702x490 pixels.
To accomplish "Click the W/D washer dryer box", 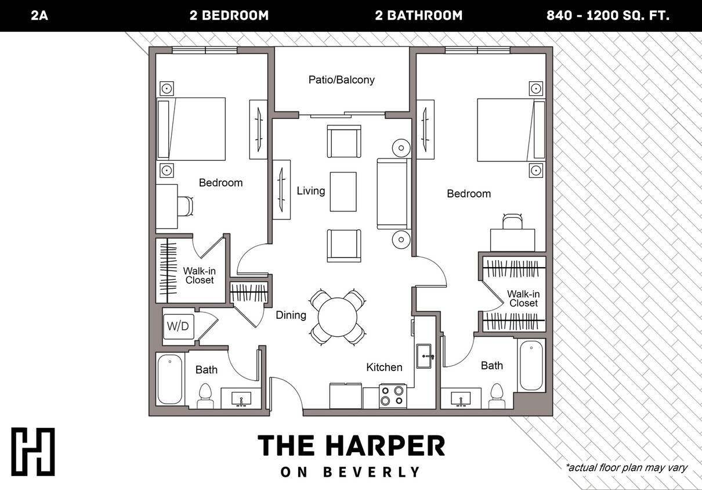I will pos(178,326).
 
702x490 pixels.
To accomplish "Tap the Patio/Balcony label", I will pos(341,80).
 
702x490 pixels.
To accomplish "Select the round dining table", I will pos(338,316).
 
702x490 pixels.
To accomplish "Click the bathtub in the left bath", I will pos(170,379).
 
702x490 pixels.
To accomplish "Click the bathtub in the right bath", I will pos(531,366).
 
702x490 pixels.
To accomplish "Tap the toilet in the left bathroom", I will pos(206,396).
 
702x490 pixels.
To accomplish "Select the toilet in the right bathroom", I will pos(497,396).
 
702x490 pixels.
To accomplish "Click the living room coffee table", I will pos(343,192).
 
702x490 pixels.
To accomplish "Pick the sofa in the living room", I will pos(392,193).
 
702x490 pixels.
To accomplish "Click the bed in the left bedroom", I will pos(191,129).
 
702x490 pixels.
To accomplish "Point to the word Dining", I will pos(291,315).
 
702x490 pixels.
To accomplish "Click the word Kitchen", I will pos(384,367).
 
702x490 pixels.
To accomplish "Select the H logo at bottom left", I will pos(33,452).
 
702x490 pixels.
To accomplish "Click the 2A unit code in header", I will pos(39,16).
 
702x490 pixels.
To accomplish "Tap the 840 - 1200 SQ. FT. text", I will pos(608,16).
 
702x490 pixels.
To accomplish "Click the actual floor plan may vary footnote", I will pos(626,467).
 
